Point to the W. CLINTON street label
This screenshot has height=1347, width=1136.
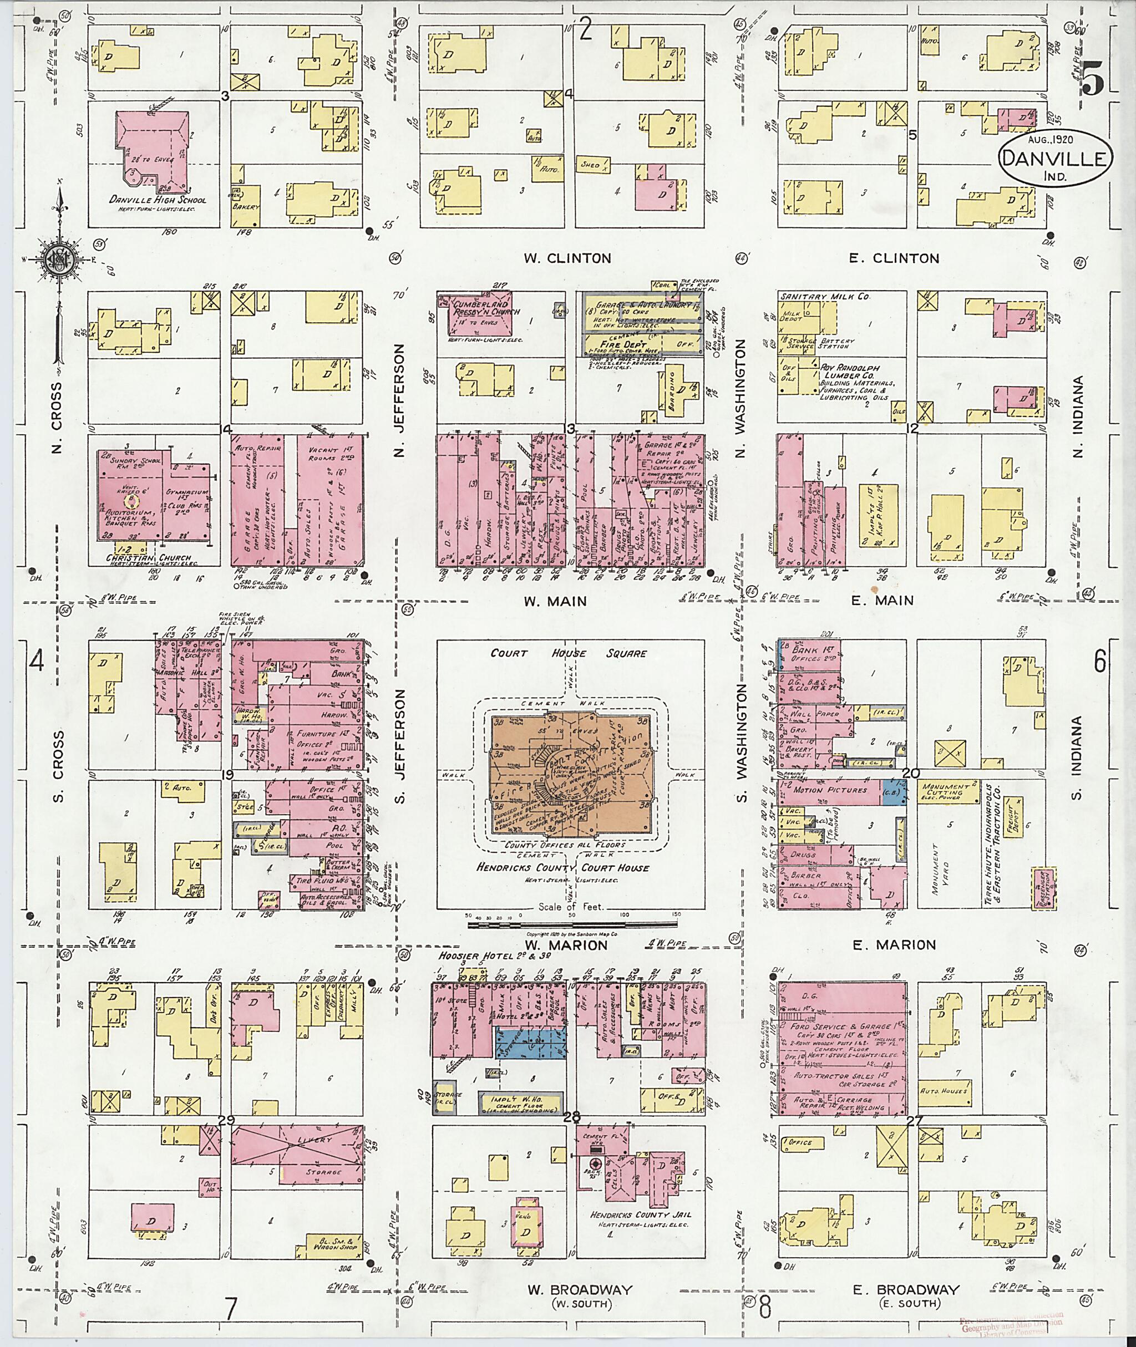tap(567, 258)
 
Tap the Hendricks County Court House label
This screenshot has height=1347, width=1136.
tap(562, 868)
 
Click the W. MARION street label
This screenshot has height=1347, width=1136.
tap(565, 945)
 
